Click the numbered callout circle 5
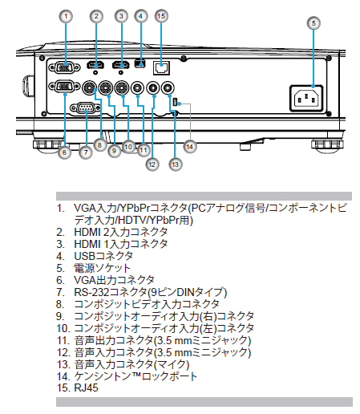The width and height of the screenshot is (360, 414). coord(313,23)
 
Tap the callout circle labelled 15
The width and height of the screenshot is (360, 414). coord(161,16)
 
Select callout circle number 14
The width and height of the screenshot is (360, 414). coord(190,147)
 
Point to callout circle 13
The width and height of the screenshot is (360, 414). coord(176,164)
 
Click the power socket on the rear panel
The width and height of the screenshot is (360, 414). coord(306,98)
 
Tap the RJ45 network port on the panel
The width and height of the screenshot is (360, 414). coord(161,68)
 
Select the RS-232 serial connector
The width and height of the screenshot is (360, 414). coord(86,108)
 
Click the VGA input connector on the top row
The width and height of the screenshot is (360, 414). coord(64,67)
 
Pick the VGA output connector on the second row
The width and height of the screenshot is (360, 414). coord(64,87)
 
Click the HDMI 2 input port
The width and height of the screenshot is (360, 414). coord(95,65)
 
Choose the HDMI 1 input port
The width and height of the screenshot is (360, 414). coord(121,65)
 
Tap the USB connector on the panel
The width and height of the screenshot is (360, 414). coord(140,63)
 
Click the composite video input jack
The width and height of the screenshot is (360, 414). coord(90,87)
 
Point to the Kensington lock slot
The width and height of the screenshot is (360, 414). coord(176,102)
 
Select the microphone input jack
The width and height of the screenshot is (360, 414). coord(168,87)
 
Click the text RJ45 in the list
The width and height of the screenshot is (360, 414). coord(86,388)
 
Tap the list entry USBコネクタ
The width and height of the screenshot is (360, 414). coord(103,256)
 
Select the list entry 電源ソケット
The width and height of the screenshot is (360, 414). coord(103,268)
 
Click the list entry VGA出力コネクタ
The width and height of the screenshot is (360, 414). coord(114,280)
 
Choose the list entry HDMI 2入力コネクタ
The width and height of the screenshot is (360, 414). coord(121,232)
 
